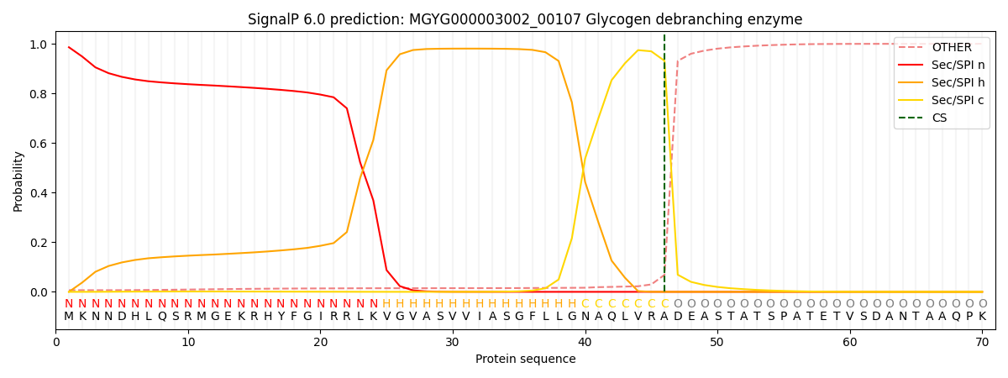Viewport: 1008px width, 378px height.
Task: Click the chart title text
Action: click(x=525, y=19)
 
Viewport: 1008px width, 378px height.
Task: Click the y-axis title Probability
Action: click(x=18, y=181)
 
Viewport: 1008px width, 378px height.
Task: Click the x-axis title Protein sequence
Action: click(x=525, y=359)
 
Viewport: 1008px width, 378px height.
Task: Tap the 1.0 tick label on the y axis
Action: click(x=38, y=45)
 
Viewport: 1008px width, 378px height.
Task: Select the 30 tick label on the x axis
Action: click(x=453, y=342)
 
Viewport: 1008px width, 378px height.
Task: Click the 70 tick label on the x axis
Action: click(x=982, y=342)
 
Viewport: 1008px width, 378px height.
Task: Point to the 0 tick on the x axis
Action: click(x=56, y=342)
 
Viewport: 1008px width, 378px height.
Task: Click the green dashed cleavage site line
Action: click(x=664, y=168)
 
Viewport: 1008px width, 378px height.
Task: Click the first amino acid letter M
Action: click(x=69, y=317)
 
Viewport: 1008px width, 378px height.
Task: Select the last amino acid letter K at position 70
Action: click(x=982, y=317)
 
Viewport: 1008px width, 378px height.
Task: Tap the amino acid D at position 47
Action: click(x=678, y=317)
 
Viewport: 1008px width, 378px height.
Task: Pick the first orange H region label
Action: click(x=386, y=303)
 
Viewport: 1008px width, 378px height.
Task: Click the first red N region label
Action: click(x=69, y=303)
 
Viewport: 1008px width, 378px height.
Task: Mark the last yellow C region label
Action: click(x=664, y=303)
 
